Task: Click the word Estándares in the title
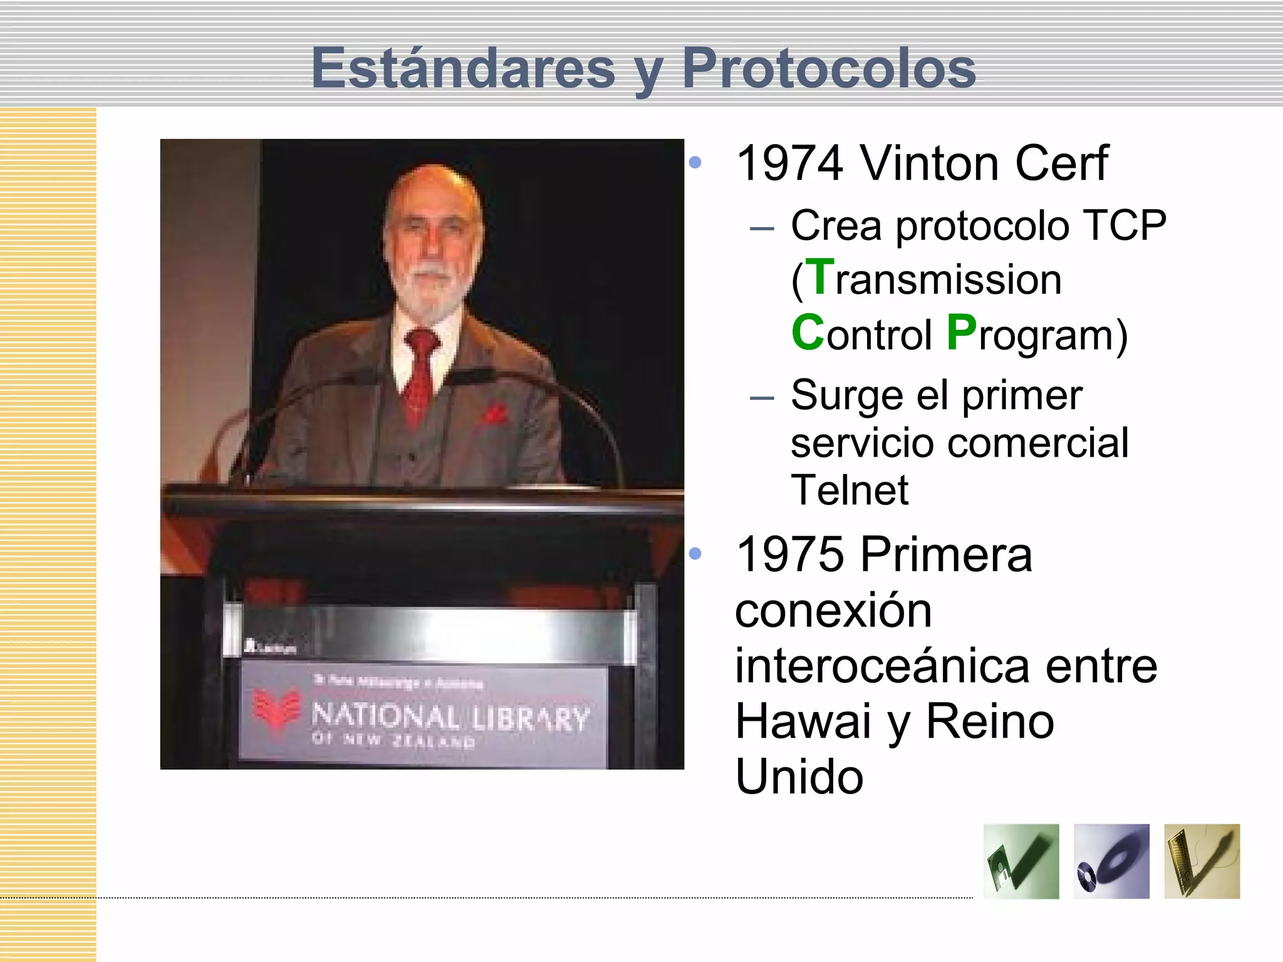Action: point(463,68)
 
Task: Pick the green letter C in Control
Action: point(808,333)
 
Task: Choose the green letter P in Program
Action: point(962,333)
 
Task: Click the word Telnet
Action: point(849,490)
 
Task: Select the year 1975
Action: point(789,555)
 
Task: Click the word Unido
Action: point(799,777)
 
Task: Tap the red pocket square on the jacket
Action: point(494,414)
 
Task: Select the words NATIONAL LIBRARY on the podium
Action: point(450,718)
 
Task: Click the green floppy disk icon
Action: point(1021,861)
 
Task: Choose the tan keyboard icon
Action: point(1202,861)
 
